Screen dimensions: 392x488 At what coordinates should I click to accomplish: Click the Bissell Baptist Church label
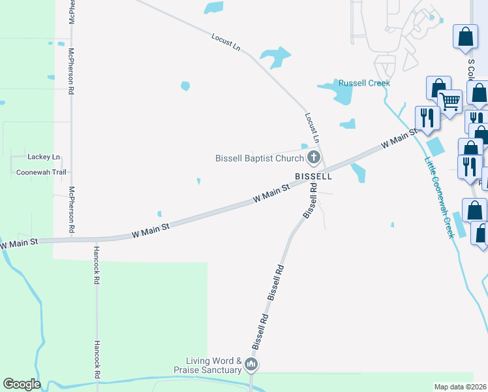260,158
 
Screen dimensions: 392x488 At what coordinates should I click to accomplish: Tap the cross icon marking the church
314,157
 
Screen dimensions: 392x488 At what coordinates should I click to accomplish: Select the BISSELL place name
313,176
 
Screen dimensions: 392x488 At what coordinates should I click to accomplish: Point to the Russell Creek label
364,83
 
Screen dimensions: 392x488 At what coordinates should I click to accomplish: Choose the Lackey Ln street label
44,157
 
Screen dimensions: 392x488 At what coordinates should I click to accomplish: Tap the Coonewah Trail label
42,172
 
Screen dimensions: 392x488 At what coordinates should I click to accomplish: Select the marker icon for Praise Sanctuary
251,365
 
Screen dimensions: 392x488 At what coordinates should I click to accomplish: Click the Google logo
22,384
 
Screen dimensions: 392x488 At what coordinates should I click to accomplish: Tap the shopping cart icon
450,101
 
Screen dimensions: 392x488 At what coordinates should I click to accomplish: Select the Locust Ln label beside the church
312,127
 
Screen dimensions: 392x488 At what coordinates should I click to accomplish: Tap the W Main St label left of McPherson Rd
19,243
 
